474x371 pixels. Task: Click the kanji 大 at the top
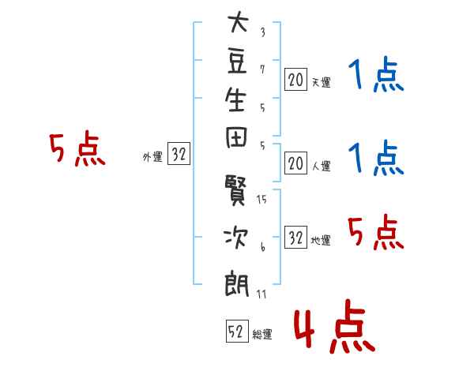click(x=239, y=22)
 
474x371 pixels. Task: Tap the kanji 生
click(x=235, y=99)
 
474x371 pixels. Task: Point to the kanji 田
click(x=236, y=138)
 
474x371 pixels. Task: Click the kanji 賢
click(x=235, y=189)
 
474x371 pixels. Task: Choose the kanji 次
click(x=235, y=238)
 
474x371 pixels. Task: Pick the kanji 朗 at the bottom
click(x=236, y=284)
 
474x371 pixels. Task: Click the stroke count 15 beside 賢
click(x=261, y=199)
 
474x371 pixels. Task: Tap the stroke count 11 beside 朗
click(x=261, y=294)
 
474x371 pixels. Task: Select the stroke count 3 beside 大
click(x=263, y=32)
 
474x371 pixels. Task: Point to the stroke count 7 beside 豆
click(x=262, y=69)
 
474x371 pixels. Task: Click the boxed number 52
click(x=237, y=331)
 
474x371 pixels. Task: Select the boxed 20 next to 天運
click(x=296, y=80)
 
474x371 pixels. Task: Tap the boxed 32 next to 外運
click(x=179, y=153)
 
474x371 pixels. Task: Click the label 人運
click(x=322, y=166)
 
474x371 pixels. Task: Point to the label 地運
click(x=321, y=240)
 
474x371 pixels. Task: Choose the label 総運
click(x=262, y=334)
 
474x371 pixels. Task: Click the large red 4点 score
click(x=334, y=326)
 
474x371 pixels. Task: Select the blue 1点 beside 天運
click(x=376, y=74)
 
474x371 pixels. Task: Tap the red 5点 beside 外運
click(x=77, y=148)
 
